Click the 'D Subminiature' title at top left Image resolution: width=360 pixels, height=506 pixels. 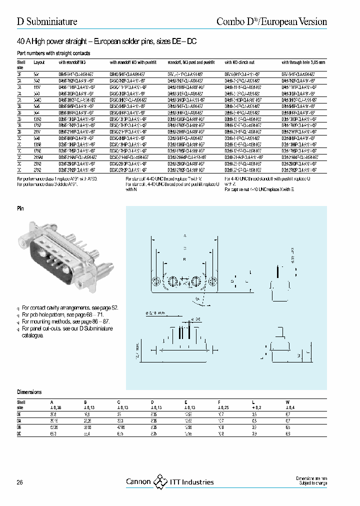(x=47, y=21)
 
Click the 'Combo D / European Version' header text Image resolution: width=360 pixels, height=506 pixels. (x=271, y=21)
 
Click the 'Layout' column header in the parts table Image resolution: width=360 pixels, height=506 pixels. (x=39, y=62)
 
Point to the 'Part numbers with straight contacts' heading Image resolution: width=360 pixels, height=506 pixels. (x=53, y=52)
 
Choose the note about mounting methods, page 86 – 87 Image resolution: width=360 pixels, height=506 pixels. (x=65, y=321)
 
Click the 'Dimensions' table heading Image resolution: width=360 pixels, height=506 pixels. (x=29, y=392)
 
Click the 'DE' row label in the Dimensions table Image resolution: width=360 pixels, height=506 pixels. (x=20, y=414)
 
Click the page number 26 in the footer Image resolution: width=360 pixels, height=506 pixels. (x=20, y=482)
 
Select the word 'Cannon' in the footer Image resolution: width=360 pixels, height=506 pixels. (x=138, y=482)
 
